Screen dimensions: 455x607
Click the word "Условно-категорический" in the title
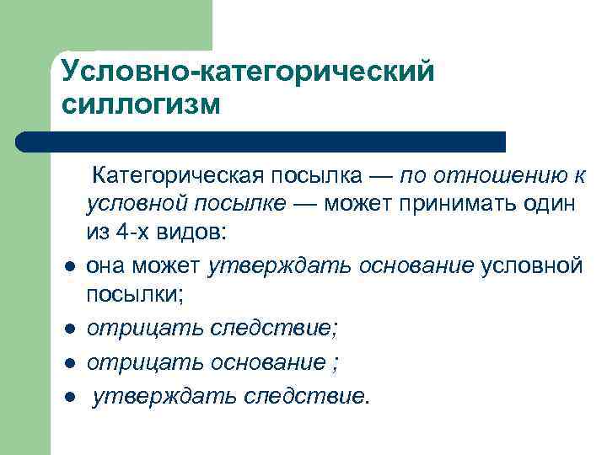click(x=248, y=72)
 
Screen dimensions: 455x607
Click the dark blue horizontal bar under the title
click(x=261, y=142)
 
